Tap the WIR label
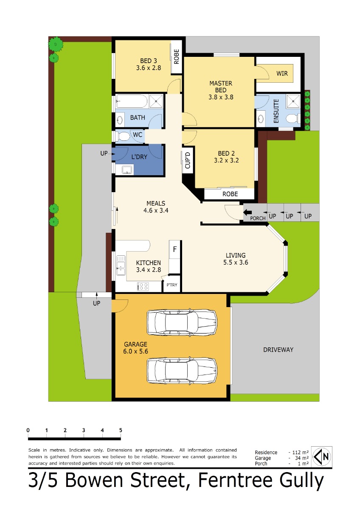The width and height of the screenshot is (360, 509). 282,73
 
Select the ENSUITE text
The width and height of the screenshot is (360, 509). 276,111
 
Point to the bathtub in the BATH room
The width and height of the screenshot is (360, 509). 132,101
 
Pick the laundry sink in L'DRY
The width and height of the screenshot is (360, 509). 127,170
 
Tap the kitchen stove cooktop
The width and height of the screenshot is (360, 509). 143,286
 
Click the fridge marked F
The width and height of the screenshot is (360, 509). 174,249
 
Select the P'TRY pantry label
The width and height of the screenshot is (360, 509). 172,285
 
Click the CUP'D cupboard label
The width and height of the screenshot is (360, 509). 188,160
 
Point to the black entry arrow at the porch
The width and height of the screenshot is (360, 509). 247,213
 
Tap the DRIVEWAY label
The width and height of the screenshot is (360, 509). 278,350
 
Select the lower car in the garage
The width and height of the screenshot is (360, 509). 182,371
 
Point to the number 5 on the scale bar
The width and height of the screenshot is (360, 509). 121,430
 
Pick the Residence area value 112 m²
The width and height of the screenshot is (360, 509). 300,452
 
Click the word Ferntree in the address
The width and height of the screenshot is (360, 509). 235,480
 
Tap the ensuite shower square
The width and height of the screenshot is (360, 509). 293,101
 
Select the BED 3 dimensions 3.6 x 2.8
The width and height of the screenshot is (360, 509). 149,68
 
